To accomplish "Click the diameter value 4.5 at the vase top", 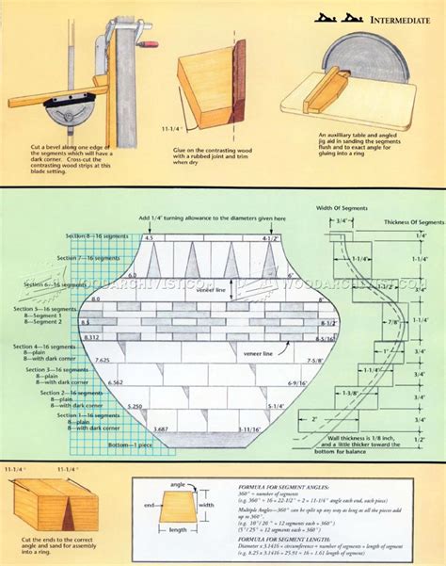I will click(x=148, y=239).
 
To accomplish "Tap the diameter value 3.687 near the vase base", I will click(x=135, y=429).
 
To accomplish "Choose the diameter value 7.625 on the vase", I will click(x=103, y=360).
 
